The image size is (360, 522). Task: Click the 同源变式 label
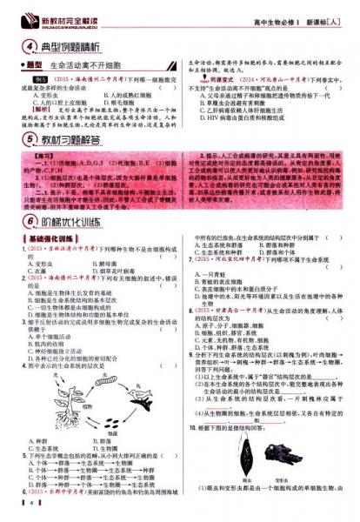click(x=209, y=77)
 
